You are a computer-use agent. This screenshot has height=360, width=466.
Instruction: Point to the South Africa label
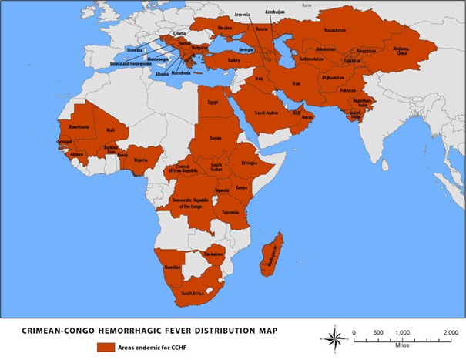pyautogui.click(x=193, y=294)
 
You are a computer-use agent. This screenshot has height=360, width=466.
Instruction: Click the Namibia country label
pyautogui.click(x=172, y=267)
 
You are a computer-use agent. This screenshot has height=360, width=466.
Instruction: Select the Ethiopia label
pyautogui.click(x=248, y=163)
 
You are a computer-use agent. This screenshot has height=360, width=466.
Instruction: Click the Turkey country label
pyautogui.click(x=234, y=60)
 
